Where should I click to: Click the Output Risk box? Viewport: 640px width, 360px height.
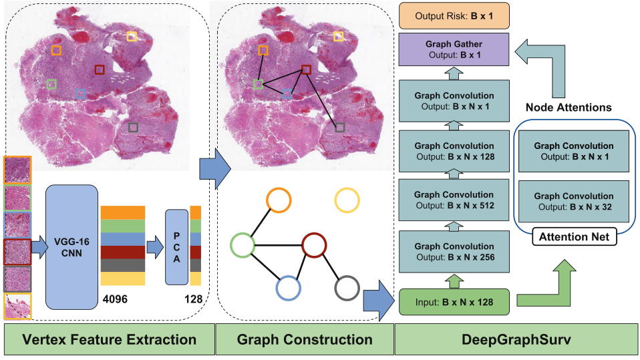(454, 14)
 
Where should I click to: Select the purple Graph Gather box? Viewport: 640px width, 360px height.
(454, 49)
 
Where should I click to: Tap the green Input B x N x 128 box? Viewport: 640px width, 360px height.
(454, 302)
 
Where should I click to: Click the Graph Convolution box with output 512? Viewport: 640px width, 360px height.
(454, 200)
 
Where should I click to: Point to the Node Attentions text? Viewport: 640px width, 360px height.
(568, 107)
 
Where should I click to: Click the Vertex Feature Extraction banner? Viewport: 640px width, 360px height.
(109, 339)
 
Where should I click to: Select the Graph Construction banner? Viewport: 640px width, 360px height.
(305, 339)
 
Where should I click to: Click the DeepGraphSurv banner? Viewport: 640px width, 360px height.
(516, 339)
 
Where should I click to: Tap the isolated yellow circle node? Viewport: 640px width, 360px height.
(347, 200)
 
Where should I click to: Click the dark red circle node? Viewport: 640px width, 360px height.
(313, 244)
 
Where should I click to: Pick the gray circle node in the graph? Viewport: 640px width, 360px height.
(347, 288)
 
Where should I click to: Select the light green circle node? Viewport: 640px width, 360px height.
(243, 244)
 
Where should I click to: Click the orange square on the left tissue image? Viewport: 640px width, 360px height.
(57, 50)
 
